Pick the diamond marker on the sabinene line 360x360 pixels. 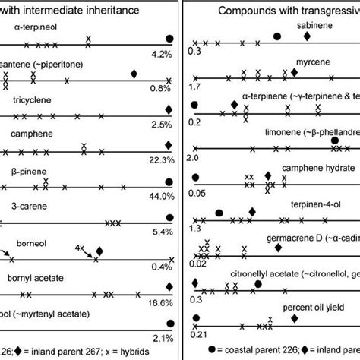[306, 36]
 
